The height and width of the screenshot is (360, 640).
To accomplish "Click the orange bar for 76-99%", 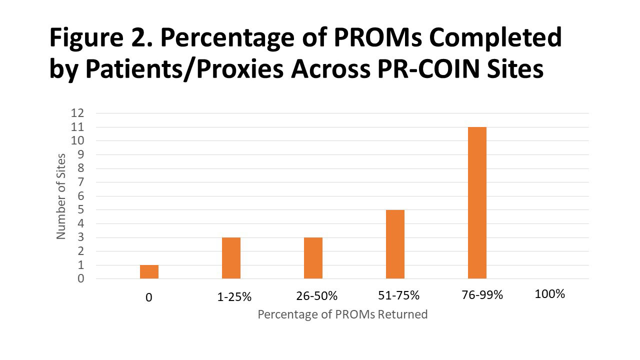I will click(x=477, y=202).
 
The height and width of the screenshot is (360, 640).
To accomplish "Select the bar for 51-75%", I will click(x=395, y=244).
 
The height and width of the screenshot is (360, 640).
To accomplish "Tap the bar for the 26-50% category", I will click(x=313, y=258).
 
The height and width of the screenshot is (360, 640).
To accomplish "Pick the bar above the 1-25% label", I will click(x=231, y=258).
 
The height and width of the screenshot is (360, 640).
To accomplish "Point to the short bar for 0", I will click(x=149, y=271).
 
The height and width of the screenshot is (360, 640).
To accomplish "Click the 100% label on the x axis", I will click(x=549, y=294).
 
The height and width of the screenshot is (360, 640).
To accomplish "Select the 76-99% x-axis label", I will click(x=482, y=295).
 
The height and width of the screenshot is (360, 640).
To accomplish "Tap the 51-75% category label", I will click(x=398, y=295).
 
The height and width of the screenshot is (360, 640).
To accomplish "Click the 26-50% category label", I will click(x=316, y=296).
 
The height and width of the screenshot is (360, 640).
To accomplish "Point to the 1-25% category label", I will click(x=234, y=297).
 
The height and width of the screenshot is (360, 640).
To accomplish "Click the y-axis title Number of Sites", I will click(x=61, y=196).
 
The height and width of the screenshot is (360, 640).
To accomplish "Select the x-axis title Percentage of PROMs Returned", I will click(x=342, y=314).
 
